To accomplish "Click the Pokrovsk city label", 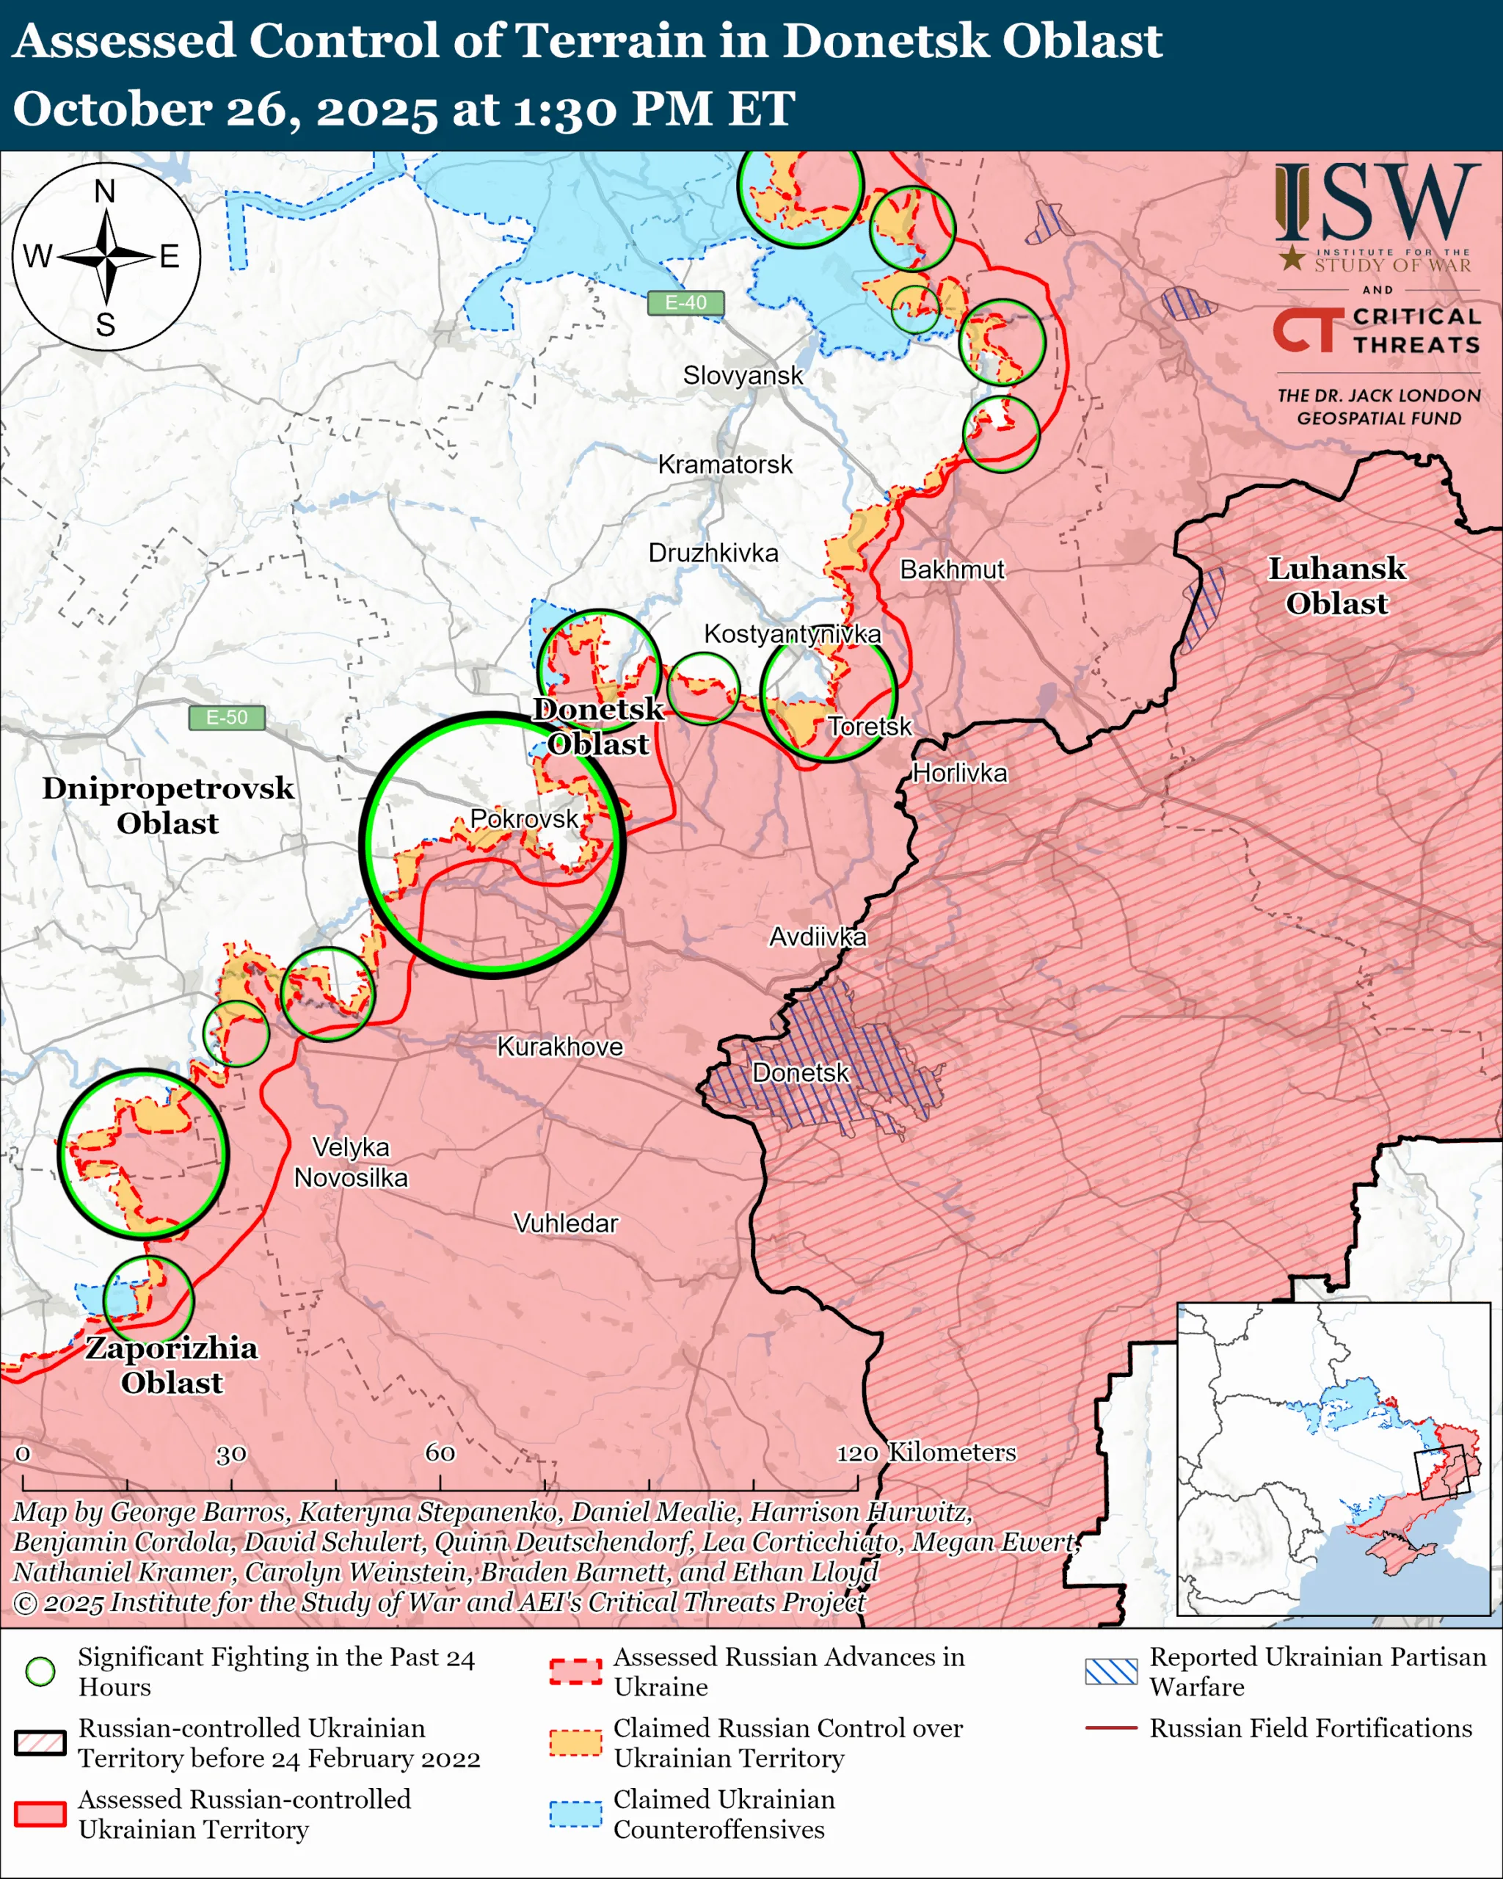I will pos(524,818).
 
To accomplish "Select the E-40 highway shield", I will pos(685,302).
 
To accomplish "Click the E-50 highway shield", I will pos(227,717).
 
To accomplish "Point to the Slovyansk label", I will pos(743,376).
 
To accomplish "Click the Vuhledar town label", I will pos(566,1223).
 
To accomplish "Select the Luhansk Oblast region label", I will pos(1336,586).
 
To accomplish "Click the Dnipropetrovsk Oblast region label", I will pos(168,804).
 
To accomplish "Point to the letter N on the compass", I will pos(104,192).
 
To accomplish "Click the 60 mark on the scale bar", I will pos(440,1452).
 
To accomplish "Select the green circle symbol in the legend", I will pos(40,1671).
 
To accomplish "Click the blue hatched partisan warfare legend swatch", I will pos(1111,1671).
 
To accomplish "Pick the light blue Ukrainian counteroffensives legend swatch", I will pos(575,1814).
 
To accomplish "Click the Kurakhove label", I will pos(559,1047).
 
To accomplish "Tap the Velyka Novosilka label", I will pos(350,1162).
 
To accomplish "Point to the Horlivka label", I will pos(959,773).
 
